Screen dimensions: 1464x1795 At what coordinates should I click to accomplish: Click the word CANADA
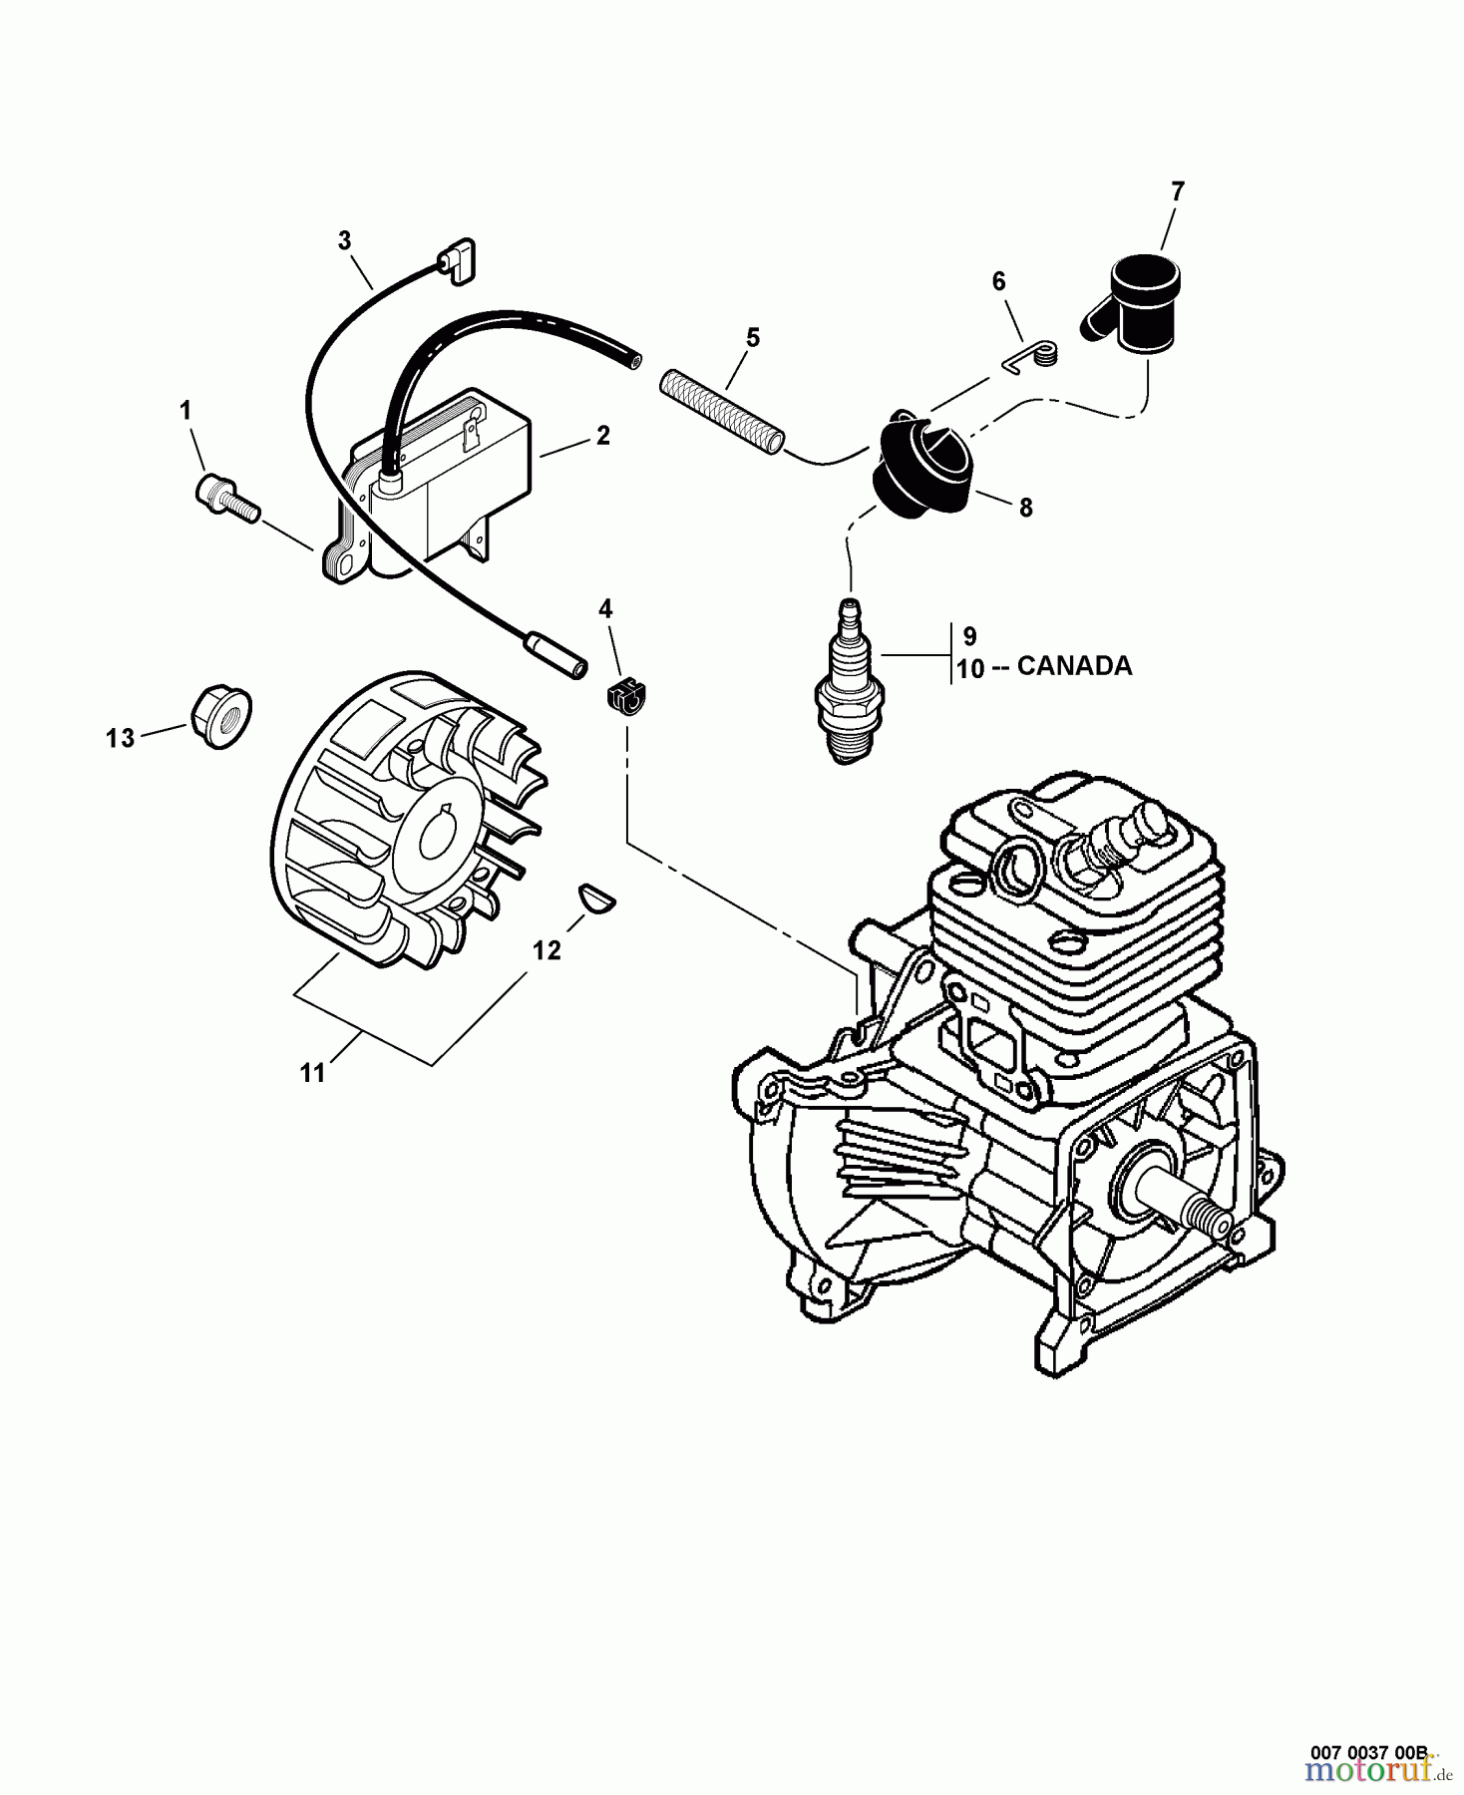pyautogui.click(x=1074, y=665)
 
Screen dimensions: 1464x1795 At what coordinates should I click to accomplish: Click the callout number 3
pyautogui.click(x=345, y=239)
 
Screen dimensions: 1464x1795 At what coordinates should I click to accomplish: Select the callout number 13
pyautogui.click(x=121, y=739)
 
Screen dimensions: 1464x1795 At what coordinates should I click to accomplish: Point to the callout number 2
pyautogui.click(x=602, y=436)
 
